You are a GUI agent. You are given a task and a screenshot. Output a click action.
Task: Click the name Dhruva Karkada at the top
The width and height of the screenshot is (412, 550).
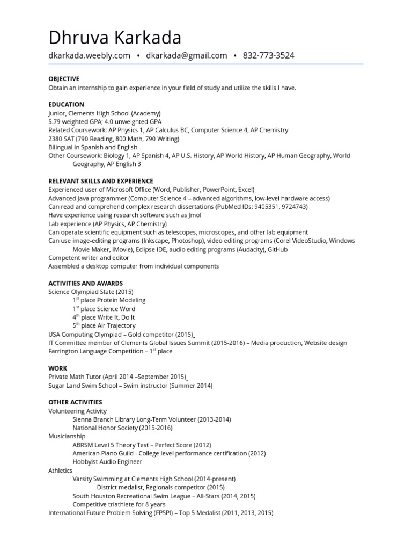click(115, 38)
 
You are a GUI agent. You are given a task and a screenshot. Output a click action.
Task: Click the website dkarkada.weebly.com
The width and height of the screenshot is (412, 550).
click(89, 55)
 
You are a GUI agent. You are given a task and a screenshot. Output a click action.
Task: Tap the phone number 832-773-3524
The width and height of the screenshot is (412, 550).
click(268, 55)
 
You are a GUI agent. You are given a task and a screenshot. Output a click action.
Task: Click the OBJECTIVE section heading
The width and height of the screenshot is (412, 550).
click(64, 78)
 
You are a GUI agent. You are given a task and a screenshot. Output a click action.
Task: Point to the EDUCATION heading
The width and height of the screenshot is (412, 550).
click(66, 104)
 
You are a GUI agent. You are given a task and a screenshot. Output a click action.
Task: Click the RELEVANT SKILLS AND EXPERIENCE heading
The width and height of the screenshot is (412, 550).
click(100, 181)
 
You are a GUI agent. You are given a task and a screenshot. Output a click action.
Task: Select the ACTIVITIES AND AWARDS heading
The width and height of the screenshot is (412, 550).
click(85, 283)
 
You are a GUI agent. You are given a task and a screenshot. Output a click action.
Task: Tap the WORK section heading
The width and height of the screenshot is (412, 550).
click(57, 368)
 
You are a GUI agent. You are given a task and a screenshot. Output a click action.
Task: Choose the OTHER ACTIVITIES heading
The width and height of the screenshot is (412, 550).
click(75, 402)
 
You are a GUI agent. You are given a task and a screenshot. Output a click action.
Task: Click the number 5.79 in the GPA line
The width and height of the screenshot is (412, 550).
click(55, 121)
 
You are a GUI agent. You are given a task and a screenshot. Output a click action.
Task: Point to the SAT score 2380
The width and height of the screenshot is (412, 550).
click(56, 139)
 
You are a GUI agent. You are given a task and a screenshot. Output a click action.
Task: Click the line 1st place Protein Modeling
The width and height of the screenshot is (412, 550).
click(109, 300)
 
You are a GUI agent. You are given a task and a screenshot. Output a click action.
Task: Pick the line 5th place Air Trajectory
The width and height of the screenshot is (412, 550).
click(104, 325)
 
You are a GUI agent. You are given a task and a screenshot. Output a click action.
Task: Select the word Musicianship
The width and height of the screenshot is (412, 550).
click(68, 437)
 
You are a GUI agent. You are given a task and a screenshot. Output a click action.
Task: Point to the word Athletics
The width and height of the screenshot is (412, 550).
click(60, 471)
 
